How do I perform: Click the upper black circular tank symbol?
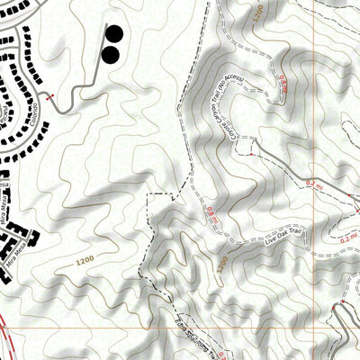(x=115, y=35)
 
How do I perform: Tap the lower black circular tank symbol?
(x=110, y=55)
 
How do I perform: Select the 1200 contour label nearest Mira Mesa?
(x=85, y=261)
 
